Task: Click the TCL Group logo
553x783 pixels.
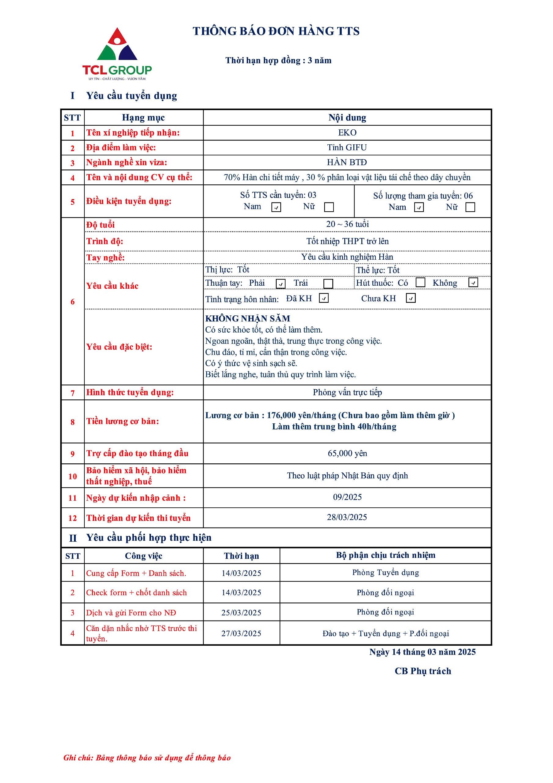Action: pyautogui.click(x=117, y=54)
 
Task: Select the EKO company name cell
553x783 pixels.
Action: pyautogui.click(x=347, y=133)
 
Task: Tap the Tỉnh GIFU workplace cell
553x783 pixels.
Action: pyautogui.click(x=347, y=147)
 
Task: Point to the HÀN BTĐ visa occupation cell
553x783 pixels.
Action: pyautogui.click(x=347, y=162)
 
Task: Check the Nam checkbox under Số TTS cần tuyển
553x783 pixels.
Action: pyautogui.click(x=276, y=207)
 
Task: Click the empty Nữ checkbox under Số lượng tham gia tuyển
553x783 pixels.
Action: pyautogui.click(x=470, y=207)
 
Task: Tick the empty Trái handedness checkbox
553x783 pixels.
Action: pyautogui.click(x=328, y=284)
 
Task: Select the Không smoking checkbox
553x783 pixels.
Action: pyautogui.click(x=473, y=282)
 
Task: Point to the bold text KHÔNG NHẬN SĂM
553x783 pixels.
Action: pyautogui.click(x=248, y=318)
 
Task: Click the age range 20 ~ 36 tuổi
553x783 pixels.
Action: pyautogui.click(x=347, y=224)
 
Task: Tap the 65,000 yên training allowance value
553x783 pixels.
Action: pyautogui.click(x=347, y=453)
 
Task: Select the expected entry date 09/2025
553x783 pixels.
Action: pyautogui.click(x=347, y=497)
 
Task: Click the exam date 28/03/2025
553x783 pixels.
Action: pyautogui.click(x=347, y=517)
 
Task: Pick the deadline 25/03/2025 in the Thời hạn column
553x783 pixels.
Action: pyautogui.click(x=241, y=613)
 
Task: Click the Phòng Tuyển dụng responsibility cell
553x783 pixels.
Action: pyautogui.click(x=385, y=572)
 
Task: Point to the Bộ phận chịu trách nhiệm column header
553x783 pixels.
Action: pyautogui.click(x=385, y=555)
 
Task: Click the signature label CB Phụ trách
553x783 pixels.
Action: pyautogui.click(x=422, y=671)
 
